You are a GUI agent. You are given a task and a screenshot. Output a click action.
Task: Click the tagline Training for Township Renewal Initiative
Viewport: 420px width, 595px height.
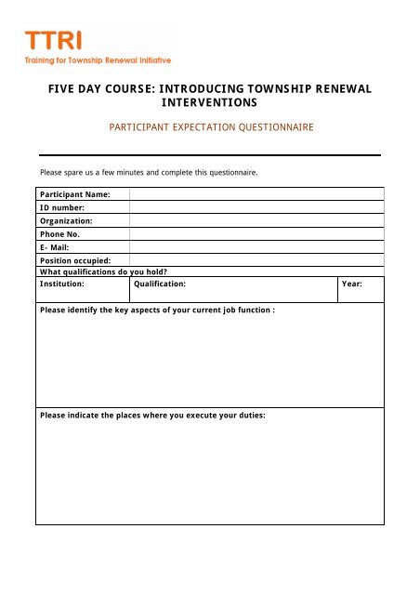(98, 60)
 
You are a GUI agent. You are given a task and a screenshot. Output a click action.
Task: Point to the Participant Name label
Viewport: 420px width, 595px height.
(75, 193)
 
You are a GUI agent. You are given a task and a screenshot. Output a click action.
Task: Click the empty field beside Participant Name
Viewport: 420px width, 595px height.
(256, 193)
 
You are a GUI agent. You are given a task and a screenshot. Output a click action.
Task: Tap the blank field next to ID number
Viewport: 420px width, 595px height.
(256, 207)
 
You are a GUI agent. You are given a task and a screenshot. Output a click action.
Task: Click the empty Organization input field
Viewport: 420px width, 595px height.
(256, 221)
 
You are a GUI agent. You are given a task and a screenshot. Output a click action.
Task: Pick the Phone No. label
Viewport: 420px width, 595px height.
(59, 234)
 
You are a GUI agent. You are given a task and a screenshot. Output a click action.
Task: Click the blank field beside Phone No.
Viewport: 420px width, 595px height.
(256, 234)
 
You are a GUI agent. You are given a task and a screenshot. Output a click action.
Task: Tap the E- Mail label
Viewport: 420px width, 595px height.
(57, 247)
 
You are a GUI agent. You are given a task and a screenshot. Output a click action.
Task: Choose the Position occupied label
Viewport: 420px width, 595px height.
(75, 260)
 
